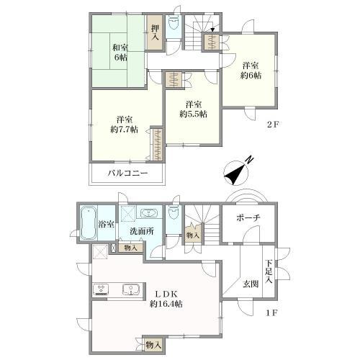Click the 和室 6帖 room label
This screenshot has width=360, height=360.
tap(120, 53)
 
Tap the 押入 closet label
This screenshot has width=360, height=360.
tap(156, 32)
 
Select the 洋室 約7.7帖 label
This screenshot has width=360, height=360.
tap(125, 125)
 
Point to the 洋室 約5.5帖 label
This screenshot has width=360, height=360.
tap(194, 109)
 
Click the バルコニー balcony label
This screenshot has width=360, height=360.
tap(127, 173)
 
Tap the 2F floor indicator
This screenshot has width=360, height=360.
tap(273, 125)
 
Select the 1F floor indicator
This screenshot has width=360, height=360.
tap(272, 313)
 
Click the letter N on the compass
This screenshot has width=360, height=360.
tap(251, 159)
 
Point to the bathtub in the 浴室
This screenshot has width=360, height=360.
tap(89, 223)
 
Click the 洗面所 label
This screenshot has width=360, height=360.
tap(142, 231)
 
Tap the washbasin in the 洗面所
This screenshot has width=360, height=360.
tap(148, 213)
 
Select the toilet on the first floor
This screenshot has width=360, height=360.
tap(173, 212)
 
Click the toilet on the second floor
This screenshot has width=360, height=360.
tap(173, 23)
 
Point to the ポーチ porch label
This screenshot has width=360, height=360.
tap(248, 218)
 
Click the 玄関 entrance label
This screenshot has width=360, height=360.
tap(251, 284)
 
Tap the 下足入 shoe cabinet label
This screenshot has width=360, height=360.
tap(269, 271)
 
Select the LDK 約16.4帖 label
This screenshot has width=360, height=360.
tap(166, 299)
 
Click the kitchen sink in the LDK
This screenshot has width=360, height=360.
tap(130, 289)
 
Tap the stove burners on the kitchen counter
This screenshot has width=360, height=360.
tap(101, 289)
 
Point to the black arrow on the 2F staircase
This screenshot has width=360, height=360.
tap(212, 30)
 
